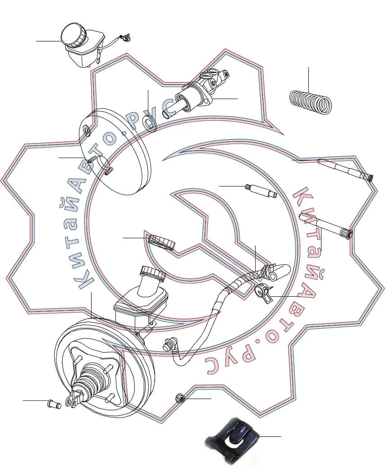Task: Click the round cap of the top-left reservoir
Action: point(73,35)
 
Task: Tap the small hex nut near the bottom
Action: point(180,399)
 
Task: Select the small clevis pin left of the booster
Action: point(55,404)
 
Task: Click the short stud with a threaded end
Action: point(261,191)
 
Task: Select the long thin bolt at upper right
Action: point(345,170)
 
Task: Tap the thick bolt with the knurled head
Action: point(326,226)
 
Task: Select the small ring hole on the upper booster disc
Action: point(87,131)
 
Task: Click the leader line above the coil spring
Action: point(308,79)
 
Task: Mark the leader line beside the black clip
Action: point(270,436)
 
